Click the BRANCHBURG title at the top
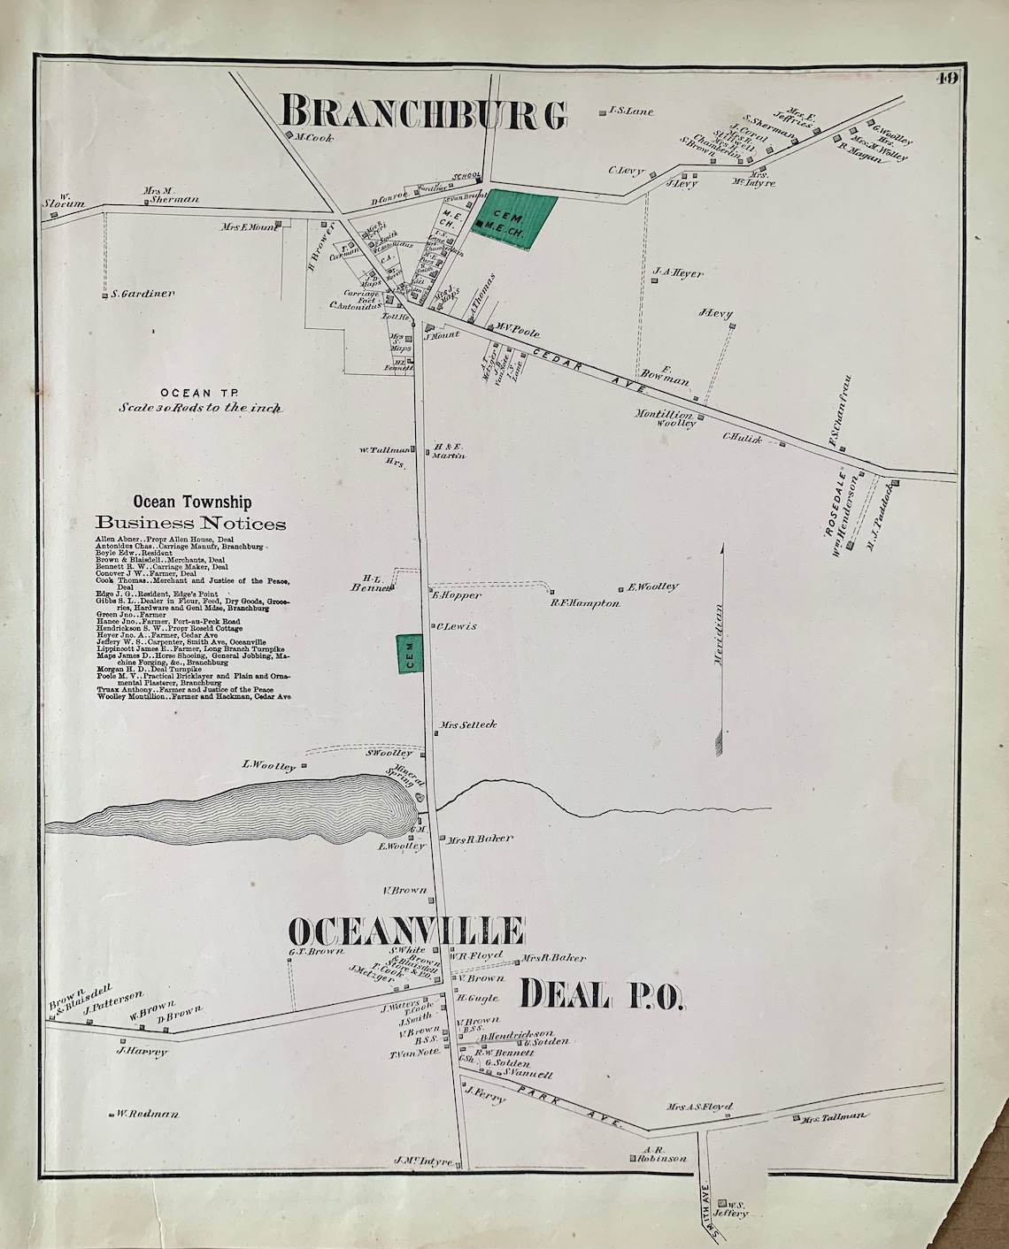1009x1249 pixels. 423,113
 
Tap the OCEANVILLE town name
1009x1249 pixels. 406,931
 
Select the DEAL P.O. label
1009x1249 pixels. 601,995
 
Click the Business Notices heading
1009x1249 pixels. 191,523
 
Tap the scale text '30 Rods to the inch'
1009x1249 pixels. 200,409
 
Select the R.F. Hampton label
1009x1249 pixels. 584,603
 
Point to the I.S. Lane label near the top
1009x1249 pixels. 631,111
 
